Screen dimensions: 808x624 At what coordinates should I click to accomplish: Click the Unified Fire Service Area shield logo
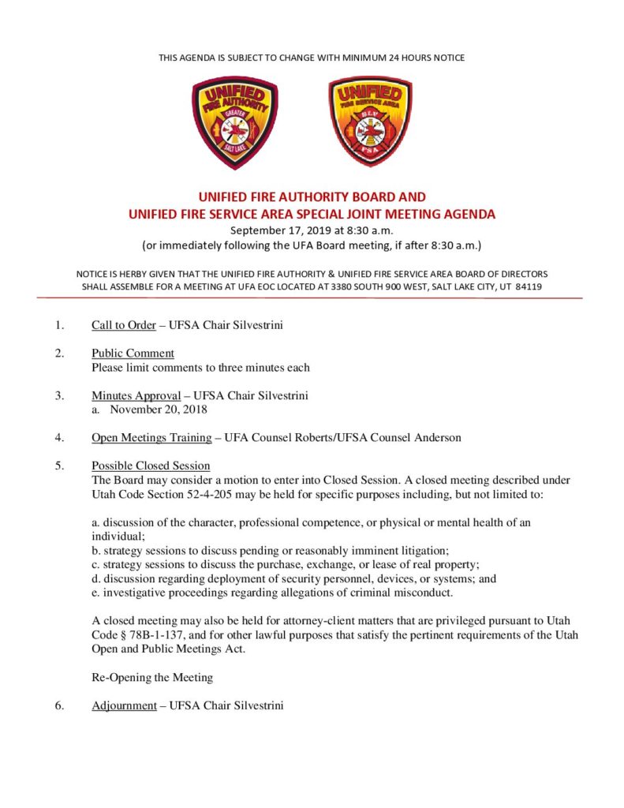(370, 122)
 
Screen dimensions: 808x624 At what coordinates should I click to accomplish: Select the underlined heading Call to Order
(123, 324)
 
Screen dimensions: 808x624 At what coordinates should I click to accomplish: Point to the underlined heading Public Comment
(133, 353)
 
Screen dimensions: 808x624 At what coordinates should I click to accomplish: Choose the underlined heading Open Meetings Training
(151, 437)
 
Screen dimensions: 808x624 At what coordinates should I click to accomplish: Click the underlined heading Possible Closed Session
(150, 466)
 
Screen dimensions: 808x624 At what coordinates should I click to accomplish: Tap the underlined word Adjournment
(124, 705)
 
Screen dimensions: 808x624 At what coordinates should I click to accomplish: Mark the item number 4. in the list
(59, 437)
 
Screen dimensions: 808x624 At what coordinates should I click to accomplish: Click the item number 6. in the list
(59, 705)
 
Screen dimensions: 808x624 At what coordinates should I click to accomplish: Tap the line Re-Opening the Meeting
(152, 677)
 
